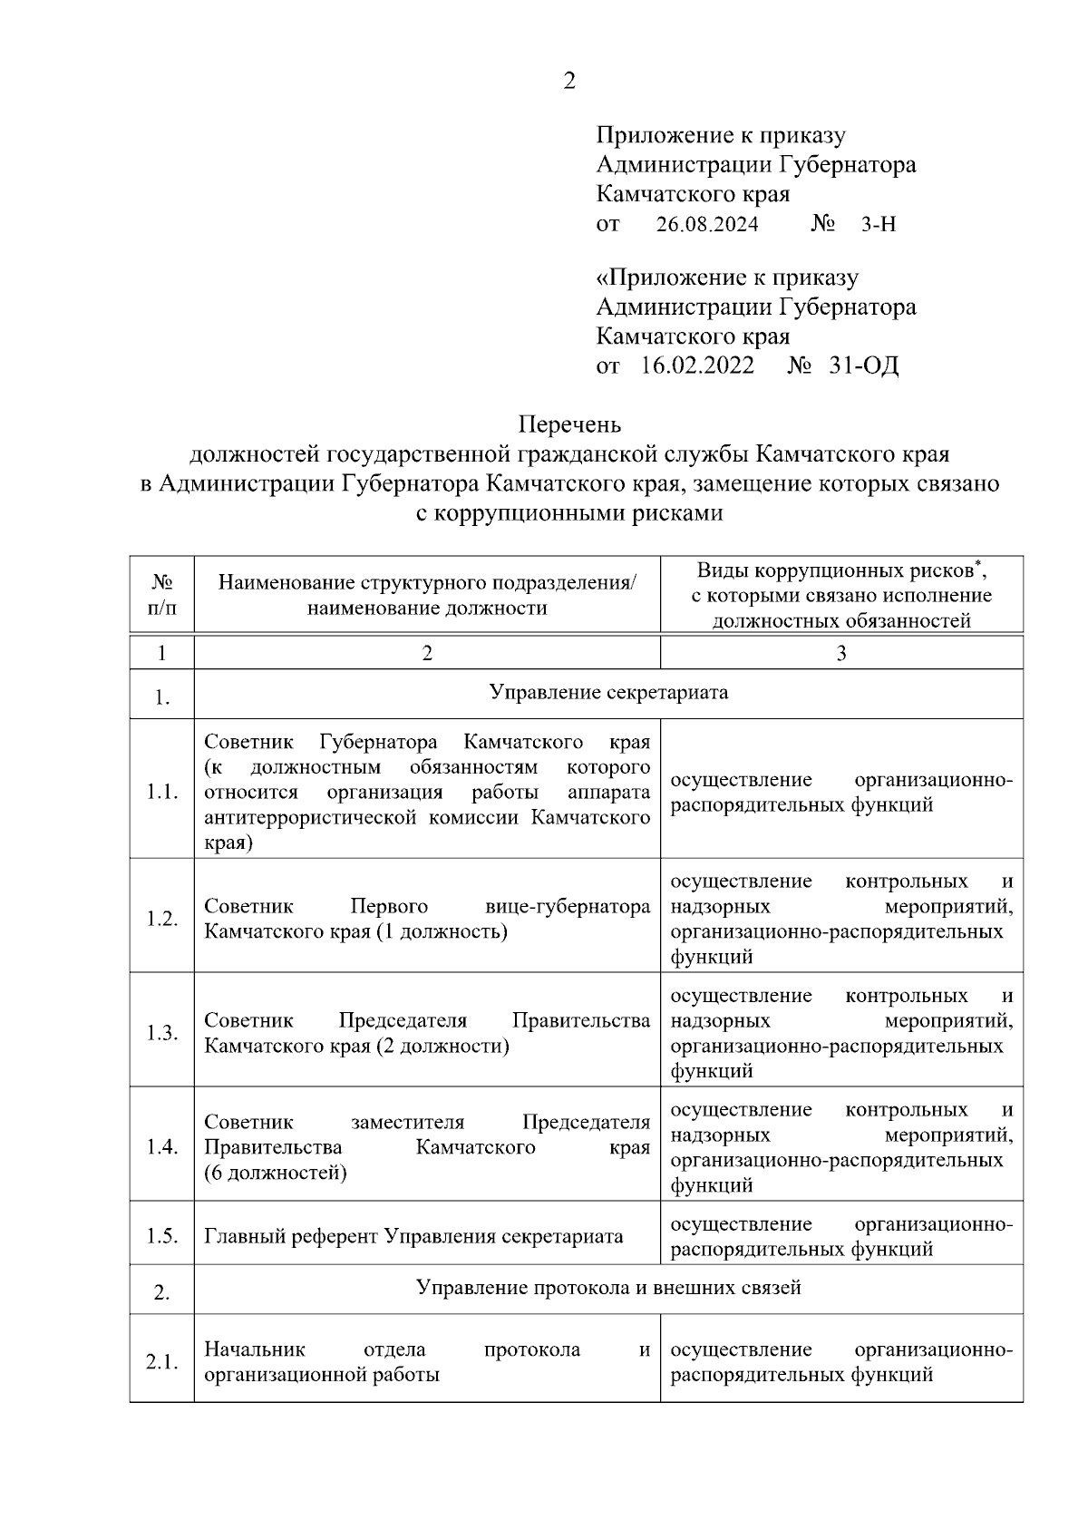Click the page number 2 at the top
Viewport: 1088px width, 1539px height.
pos(569,82)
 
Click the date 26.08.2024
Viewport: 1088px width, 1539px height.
pos(707,224)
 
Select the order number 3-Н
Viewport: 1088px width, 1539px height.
pos(878,224)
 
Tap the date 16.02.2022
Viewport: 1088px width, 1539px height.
pos(697,366)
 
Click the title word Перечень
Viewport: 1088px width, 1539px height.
pos(569,424)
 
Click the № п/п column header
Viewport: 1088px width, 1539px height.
pos(161,595)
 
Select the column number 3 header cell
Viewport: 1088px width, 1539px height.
pos(841,653)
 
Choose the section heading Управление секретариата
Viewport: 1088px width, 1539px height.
pos(608,693)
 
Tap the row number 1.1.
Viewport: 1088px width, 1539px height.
pos(161,792)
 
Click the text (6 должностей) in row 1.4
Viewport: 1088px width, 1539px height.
pos(276,1173)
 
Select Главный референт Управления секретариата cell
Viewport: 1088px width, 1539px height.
pos(413,1236)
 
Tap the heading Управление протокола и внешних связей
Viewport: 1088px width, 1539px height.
pos(608,1288)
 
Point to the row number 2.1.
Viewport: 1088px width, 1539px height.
pos(161,1362)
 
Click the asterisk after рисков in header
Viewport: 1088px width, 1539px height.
pos(977,564)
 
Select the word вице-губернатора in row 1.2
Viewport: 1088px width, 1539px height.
pos(568,906)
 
